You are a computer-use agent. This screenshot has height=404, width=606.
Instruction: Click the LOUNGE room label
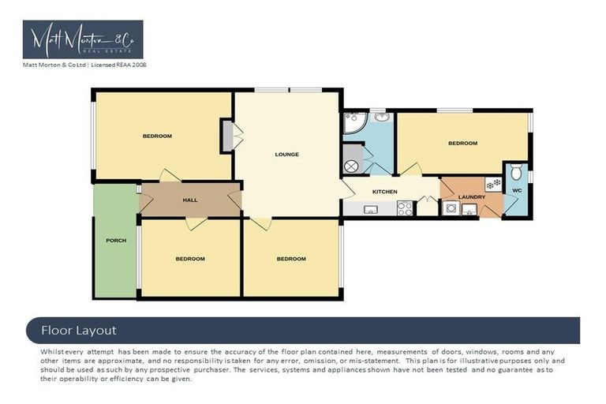coord(286,154)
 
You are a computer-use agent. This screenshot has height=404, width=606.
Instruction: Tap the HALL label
coord(190,200)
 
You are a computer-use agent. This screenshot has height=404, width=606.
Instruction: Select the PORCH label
coord(115,240)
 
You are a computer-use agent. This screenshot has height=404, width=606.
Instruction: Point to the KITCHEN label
coord(384,192)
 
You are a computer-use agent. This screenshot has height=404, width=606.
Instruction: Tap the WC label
coord(517,190)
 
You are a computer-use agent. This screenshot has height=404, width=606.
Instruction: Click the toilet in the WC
coord(517,171)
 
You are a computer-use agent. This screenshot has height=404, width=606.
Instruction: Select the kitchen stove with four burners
coord(405,209)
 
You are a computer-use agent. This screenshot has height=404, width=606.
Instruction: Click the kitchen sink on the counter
coord(370,209)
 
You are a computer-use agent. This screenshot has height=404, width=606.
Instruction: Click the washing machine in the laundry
coord(451,209)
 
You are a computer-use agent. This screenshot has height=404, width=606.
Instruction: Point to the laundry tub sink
coord(469,209)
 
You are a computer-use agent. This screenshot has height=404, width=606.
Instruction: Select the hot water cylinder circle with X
coord(352,166)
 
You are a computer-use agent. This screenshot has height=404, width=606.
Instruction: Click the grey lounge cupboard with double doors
coord(227,136)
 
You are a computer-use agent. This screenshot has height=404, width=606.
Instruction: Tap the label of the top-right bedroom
coord(462,143)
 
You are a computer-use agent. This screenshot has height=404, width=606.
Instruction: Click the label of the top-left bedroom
coord(157,136)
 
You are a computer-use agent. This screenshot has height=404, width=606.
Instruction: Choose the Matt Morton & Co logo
coord(83,39)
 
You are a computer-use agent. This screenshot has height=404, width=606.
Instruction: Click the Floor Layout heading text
coord(78,330)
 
